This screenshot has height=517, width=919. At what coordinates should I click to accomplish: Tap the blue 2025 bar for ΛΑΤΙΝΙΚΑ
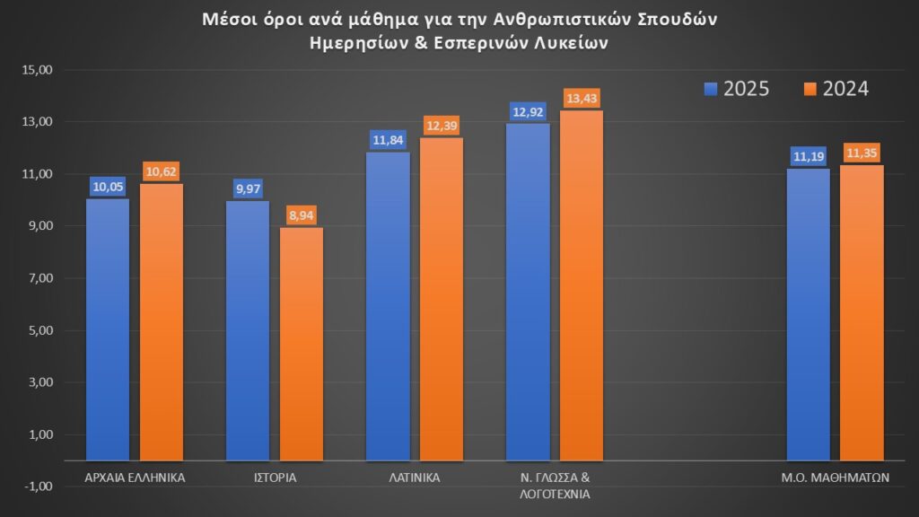(389, 306)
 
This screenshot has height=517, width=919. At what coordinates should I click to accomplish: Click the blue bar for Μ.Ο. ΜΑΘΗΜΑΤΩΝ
(809, 314)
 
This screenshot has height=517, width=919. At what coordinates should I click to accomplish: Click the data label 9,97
(248, 188)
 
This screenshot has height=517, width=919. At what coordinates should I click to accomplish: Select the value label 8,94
(302, 215)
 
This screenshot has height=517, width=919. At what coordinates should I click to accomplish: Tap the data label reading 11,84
(389, 140)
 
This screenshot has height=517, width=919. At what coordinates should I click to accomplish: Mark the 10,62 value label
(162, 171)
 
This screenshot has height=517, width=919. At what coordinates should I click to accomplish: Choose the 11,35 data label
(862, 153)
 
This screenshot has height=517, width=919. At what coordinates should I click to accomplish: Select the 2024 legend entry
(836, 89)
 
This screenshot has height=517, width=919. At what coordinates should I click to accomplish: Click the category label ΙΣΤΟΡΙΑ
(275, 478)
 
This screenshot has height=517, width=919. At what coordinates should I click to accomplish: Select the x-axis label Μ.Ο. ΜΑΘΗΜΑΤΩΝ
(835, 478)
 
